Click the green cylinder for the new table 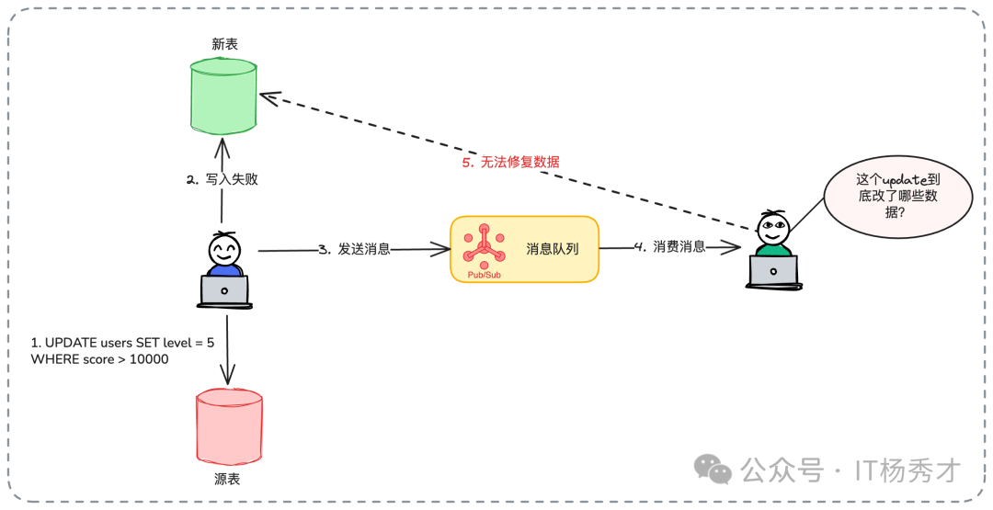(223, 96)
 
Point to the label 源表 (227, 479)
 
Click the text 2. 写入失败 (222, 179)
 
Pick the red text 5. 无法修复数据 (510, 162)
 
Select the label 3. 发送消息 (354, 249)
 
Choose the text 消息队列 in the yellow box (552, 248)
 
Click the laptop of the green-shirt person (772, 271)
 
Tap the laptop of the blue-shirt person (224, 291)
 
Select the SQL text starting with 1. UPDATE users (122, 350)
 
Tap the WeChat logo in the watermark (713, 470)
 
